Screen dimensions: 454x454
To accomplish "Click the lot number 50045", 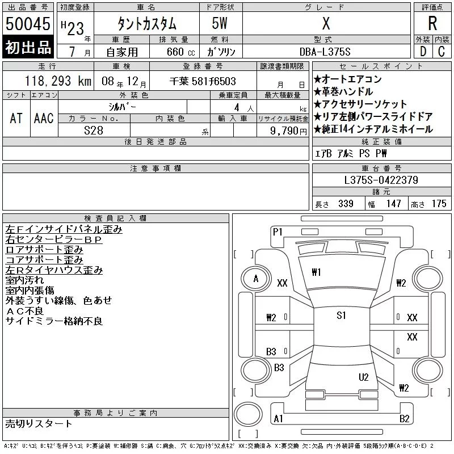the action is pos(28,24).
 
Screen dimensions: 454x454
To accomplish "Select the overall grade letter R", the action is pos(432,23).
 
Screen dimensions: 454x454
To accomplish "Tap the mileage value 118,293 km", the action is pos(58,81).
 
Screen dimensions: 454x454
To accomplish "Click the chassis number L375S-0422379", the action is pos(381,180).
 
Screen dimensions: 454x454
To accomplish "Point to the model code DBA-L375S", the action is pos(325,52).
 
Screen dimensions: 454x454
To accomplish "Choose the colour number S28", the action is pos(94,131).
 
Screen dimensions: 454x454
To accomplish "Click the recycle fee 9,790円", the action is pos(288,131).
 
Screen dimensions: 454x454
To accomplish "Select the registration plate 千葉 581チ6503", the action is pos(203,81).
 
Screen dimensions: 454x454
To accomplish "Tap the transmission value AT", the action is pos(16,118).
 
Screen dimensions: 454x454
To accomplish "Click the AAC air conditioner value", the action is pos(44,118).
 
